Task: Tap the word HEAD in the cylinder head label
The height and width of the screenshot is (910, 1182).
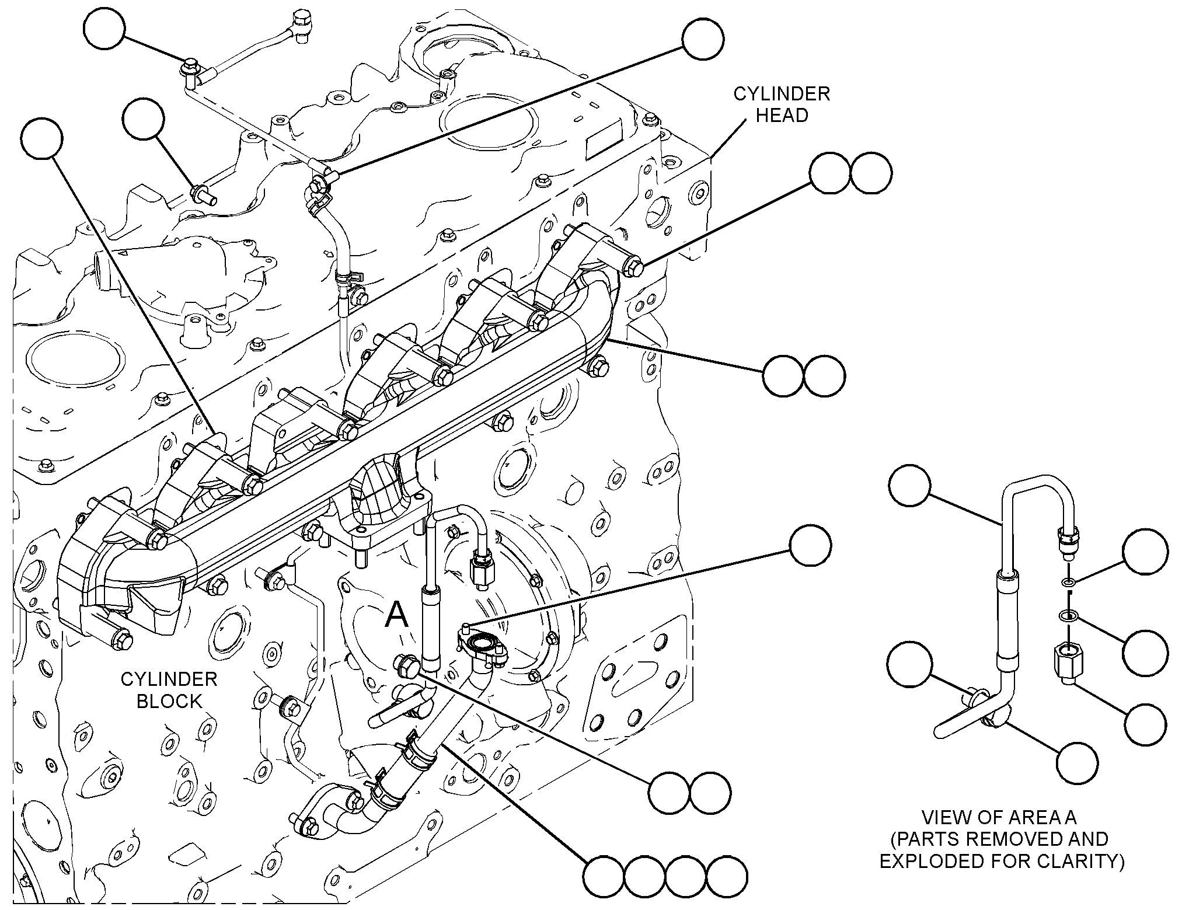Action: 782,115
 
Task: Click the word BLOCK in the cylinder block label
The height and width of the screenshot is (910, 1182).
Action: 169,700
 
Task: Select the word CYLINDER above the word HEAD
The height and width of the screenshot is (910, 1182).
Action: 782,93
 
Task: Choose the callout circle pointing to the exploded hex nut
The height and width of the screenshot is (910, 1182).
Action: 1146,724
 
